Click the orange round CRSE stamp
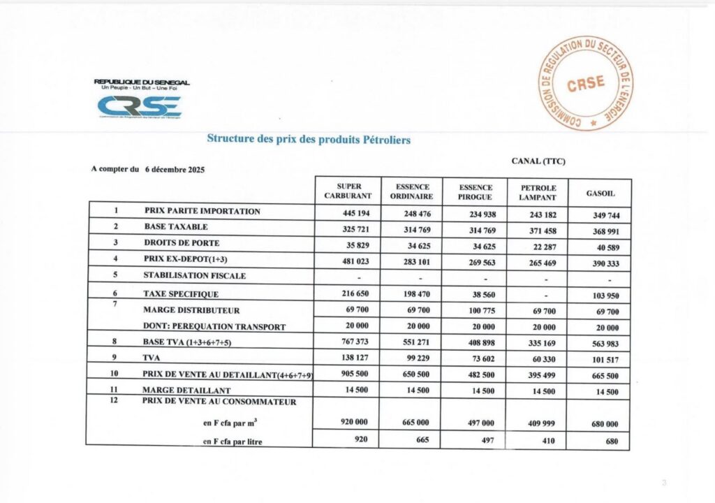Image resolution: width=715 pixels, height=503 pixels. pos(586,82)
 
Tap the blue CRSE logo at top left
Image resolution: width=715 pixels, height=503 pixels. pos(139,106)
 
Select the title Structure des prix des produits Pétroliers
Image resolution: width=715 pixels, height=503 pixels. pos(309,139)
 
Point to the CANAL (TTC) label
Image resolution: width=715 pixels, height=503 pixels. pos(538,161)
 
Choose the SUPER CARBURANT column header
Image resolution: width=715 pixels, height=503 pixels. pos(348,191)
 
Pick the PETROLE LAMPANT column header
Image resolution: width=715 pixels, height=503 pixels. pos(538,192)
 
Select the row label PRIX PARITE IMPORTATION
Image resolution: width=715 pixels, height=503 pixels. pos(202,211)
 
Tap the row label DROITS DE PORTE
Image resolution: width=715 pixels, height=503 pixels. pos(182,243)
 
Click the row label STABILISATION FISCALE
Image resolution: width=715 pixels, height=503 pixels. pos(195,275)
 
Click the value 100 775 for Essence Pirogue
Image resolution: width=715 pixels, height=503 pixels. pos(478,310)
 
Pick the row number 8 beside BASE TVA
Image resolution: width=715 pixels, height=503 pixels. pos(115,342)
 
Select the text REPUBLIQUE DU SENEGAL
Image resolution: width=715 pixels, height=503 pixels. pos(142,82)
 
